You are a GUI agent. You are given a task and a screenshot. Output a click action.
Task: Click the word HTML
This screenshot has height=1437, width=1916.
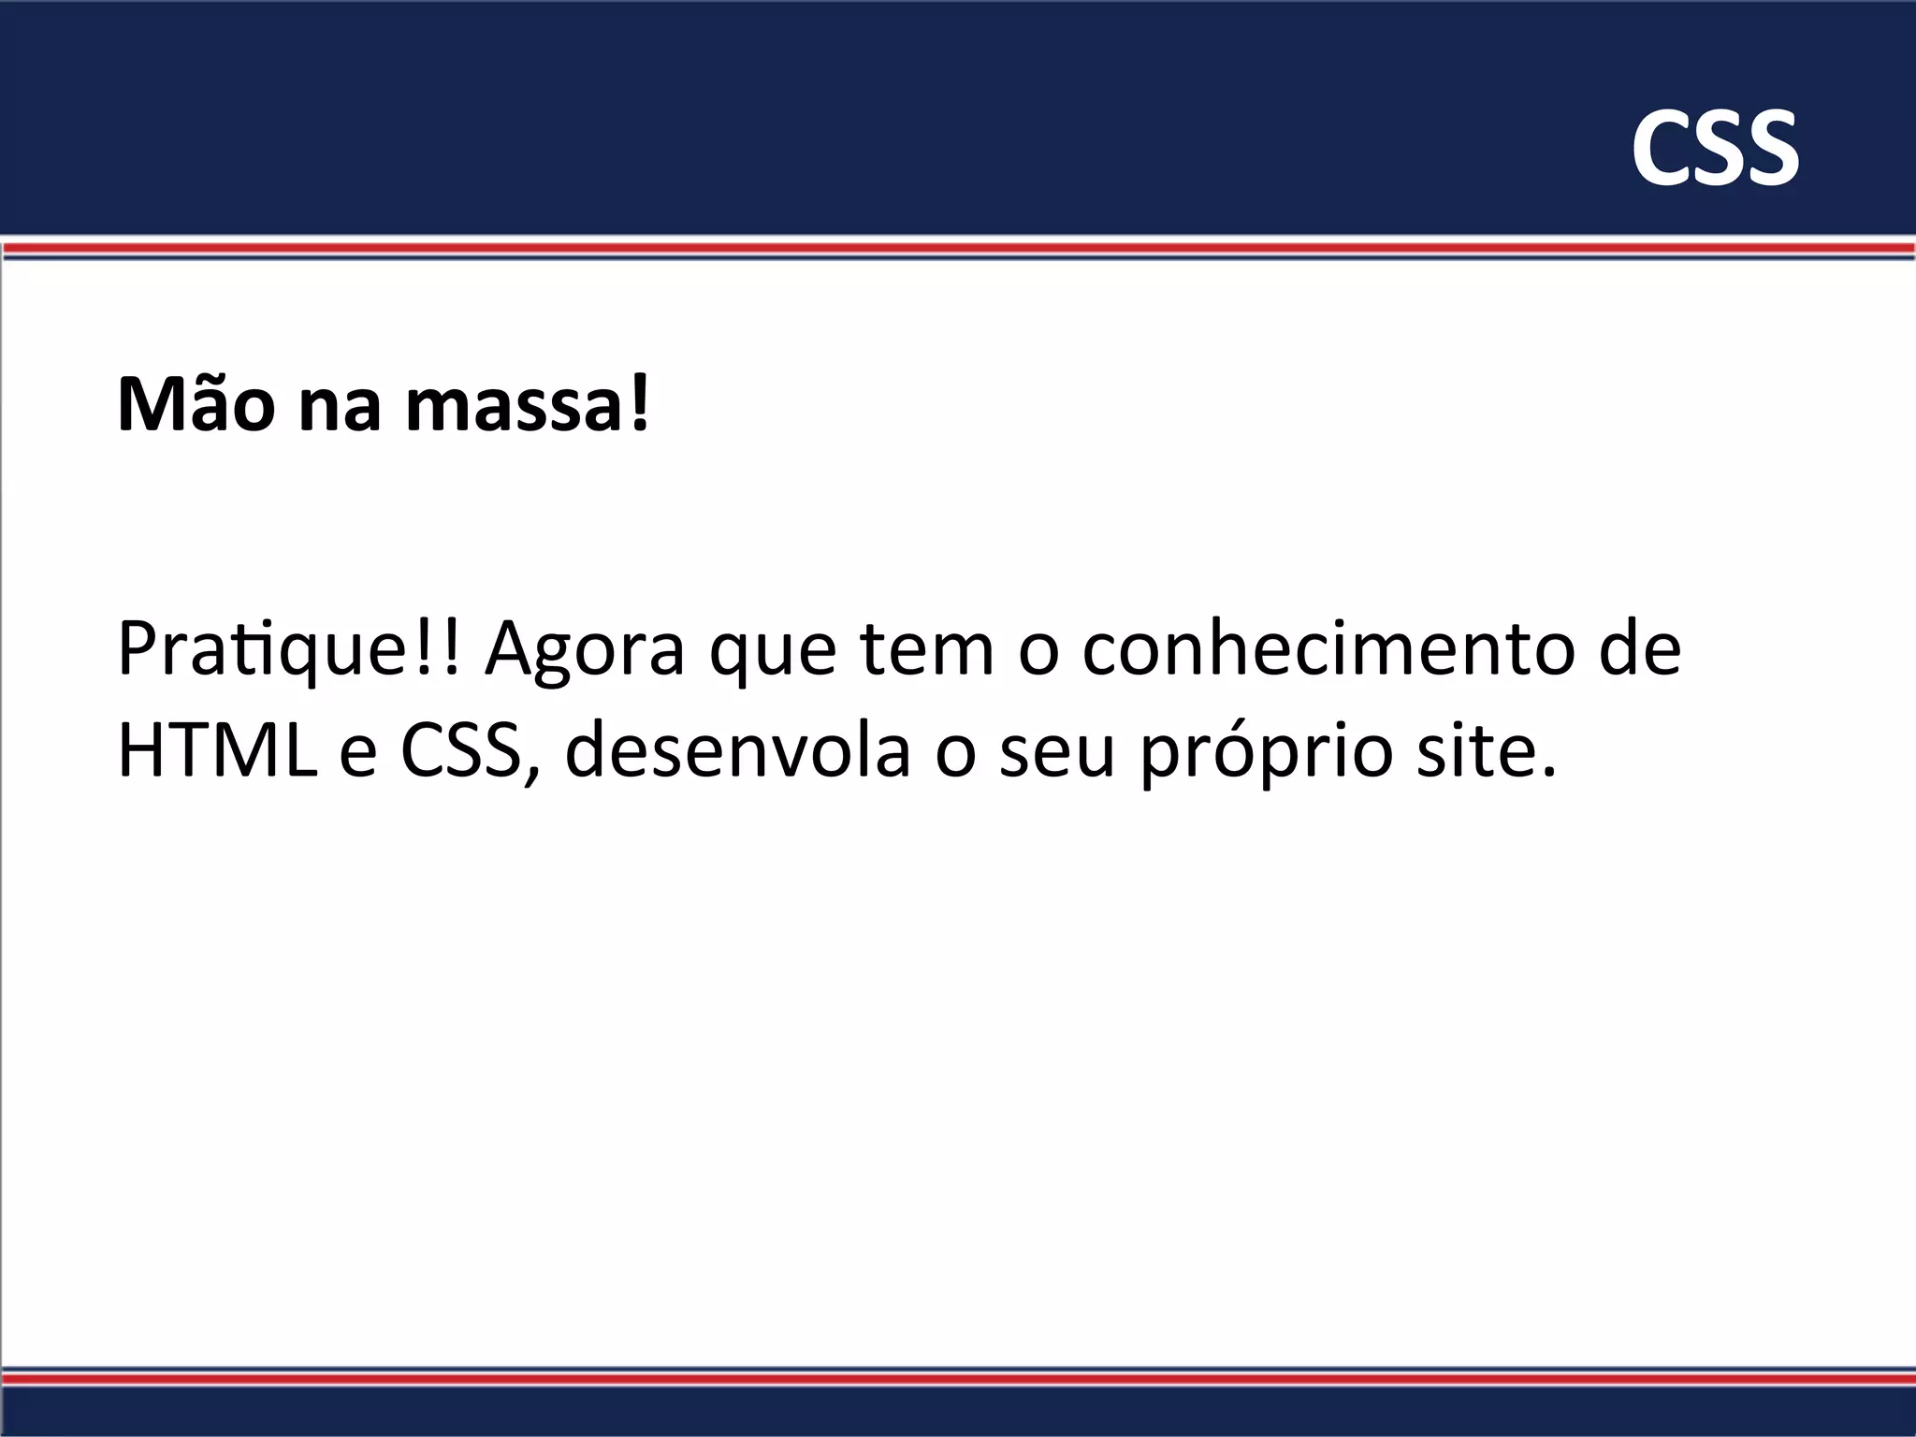pyautogui.click(x=217, y=750)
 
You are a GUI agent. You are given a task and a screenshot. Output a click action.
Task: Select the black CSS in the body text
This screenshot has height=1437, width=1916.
pyautogui.click(x=460, y=750)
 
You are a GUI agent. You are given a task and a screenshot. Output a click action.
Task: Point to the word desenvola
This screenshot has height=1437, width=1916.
pyautogui.click(x=737, y=750)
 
